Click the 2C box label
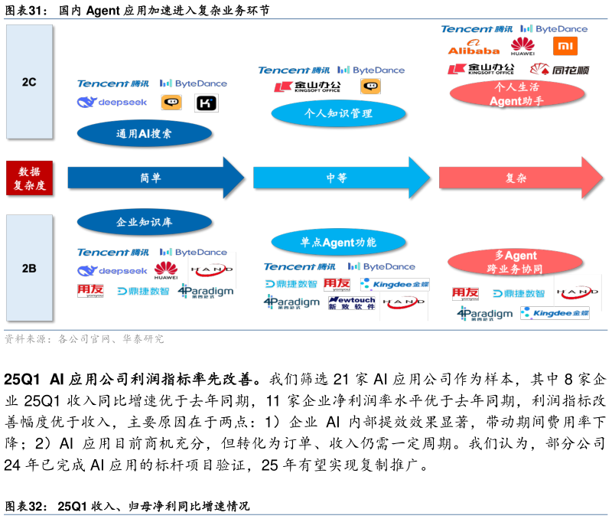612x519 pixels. click(x=29, y=81)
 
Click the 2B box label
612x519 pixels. click(x=29, y=268)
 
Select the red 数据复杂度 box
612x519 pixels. click(x=30, y=178)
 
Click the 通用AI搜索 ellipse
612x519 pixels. click(x=144, y=133)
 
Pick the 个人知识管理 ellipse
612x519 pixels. click(x=338, y=113)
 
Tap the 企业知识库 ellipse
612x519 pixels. click(x=144, y=222)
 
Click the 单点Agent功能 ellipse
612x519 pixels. click(x=338, y=243)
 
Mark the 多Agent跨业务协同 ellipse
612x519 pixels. click(x=515, y=262)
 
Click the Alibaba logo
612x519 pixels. click(x=474, y=47)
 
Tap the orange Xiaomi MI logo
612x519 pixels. click(x=565, y=47)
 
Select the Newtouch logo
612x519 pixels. click(x=351, y=303)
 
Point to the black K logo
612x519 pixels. click(x=207, y=103)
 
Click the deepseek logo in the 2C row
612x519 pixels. click(x=112, y=102)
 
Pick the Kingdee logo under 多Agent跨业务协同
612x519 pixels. click(x=555, y=313)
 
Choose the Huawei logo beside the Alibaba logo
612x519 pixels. click(x=523, y=47)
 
